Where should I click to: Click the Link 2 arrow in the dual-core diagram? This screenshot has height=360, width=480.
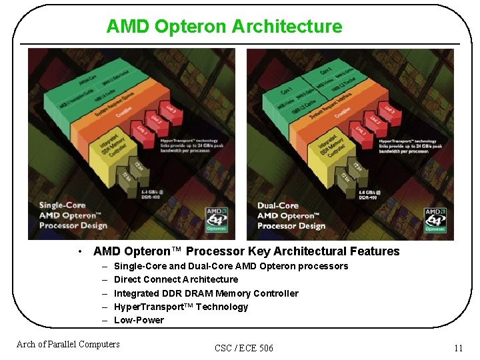(375, 121)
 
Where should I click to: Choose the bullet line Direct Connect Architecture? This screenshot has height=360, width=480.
(176, 279)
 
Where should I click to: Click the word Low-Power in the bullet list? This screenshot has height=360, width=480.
(139, 320)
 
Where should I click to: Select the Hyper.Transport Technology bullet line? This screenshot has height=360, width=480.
(181, 307)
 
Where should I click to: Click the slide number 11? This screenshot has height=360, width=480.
(458, 348)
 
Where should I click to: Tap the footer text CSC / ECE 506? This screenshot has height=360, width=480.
(244, 348)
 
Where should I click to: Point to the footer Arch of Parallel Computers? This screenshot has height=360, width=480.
(68, 344)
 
